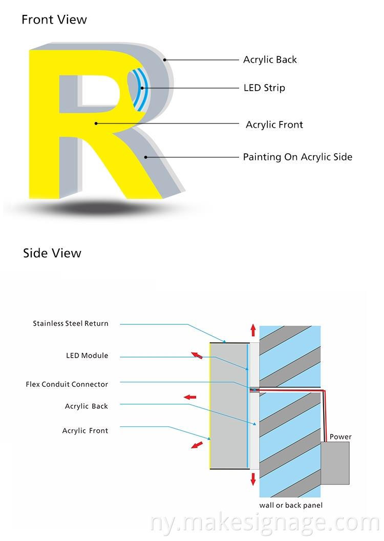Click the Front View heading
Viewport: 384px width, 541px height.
coord(54,20)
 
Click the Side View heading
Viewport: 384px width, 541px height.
coord(52,253)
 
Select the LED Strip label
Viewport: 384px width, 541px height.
coord(264,88)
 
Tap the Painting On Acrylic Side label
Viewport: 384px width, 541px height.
coord(297,157)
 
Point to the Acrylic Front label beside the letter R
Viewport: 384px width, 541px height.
coord(274,124)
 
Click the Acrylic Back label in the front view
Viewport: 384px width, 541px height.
coord(270,60)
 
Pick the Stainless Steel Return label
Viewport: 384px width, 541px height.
coord(71,324)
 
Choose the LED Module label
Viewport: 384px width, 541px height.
coord(87,356)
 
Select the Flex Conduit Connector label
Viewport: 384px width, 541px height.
coord(67,384)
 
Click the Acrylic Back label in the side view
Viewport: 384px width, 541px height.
coord(87,406)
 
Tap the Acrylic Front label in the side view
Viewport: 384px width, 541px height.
coord(85,431)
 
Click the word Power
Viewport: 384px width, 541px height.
coord(340,437)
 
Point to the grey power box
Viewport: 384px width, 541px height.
coord(335,463)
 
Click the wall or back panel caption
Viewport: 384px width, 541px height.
coord(291,506)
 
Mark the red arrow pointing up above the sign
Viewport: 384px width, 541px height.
coord(253,329)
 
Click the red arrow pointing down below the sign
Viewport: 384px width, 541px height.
coord(253,479)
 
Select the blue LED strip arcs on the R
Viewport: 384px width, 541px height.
coord(138,88)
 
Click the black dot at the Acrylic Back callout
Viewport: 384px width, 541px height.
coord(165,60)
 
